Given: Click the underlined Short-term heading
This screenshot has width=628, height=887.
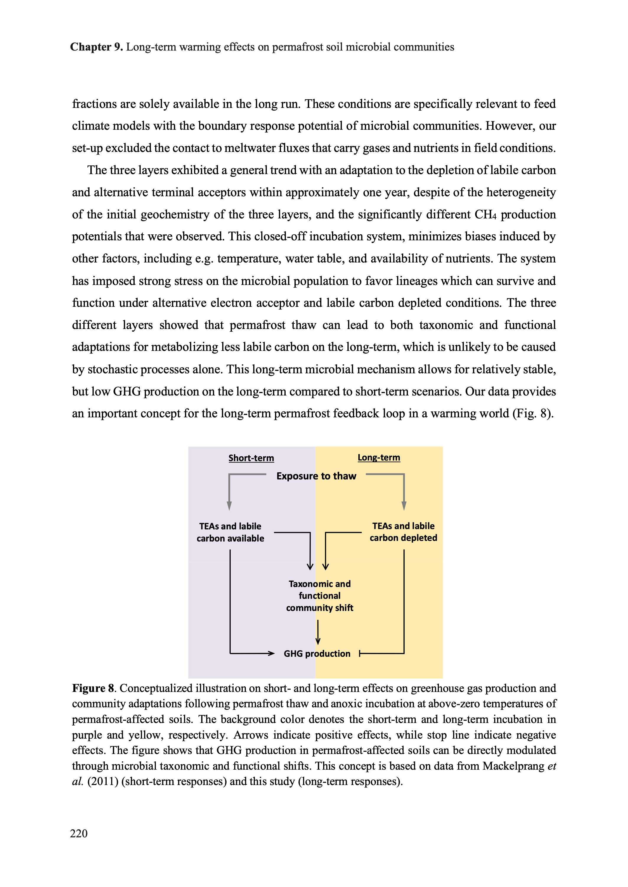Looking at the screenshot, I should [251, 458].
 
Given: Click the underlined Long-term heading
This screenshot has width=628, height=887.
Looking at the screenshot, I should [379, 457].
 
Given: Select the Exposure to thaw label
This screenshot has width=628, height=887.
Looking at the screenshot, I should [316, 476].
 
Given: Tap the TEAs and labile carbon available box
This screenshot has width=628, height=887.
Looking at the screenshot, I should [230, 532].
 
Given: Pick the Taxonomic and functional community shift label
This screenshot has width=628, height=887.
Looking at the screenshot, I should [319, 595].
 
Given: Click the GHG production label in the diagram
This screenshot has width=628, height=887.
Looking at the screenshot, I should [317, 654].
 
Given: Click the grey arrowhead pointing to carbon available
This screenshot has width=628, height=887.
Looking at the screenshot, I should [229, 506].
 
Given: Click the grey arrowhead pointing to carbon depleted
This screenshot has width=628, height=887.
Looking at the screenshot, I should [404, 506].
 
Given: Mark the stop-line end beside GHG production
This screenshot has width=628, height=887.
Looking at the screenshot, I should [360, 654].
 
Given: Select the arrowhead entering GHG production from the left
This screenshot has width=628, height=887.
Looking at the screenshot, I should [271, 654].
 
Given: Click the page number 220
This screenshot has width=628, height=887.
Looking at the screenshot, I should [79, 833].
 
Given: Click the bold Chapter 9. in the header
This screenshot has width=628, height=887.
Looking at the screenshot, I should [96, 47].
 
